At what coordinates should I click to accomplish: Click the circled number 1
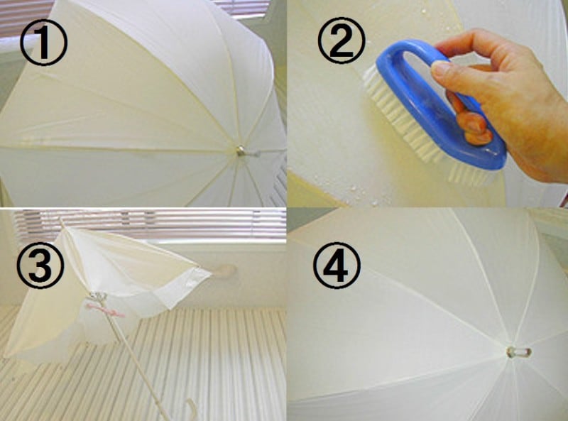(43, 42)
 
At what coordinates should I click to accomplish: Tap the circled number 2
(342, 40)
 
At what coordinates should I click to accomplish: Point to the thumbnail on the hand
(441, 68)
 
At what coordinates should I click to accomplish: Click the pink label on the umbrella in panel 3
(105, 312)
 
